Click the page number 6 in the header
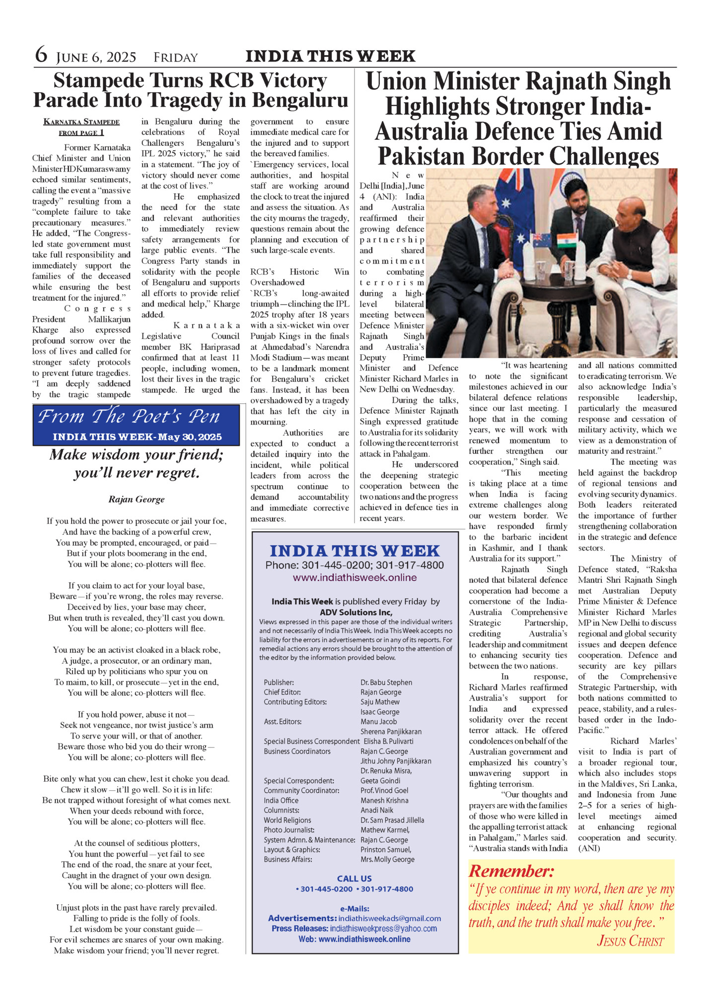coord(41,55)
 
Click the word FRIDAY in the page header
coord(176,58)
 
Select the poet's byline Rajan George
coord(137,499)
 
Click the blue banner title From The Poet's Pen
coord(129,417)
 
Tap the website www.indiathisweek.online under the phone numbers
coord(354,577)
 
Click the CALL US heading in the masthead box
coord(354,879)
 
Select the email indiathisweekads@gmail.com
coord(389,918)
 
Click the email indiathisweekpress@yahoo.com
coord(383,928)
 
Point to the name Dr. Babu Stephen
coord(386,683)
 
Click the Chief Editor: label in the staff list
coord(282,692)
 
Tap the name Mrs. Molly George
coord(387,859)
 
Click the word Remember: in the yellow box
coord(511,871)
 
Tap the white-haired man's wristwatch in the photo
coord(629,274)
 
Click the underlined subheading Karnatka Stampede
coord(81,122)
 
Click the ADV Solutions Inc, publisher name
coord(355,612)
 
